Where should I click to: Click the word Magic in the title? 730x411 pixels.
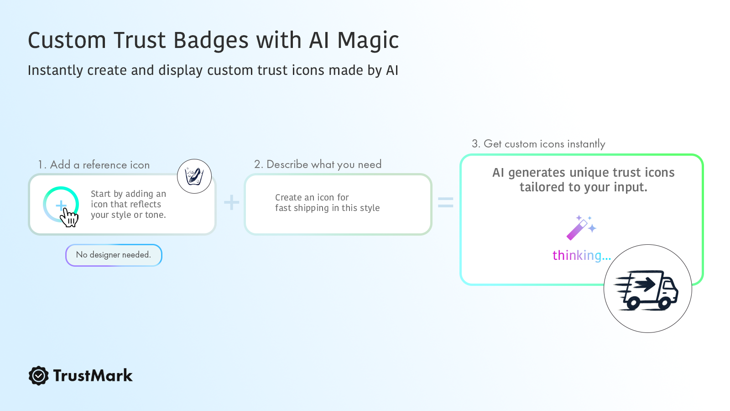click(368, 41)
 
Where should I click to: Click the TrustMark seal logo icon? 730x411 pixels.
click(38, 375)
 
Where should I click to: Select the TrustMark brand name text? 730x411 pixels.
click(93, 375)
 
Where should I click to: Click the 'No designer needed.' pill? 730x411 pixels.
click(114, 255)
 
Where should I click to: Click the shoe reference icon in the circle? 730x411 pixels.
click(194, 176)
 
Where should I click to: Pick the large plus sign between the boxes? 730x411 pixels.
click(232, 202)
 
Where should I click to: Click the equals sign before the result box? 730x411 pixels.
click(445, 202)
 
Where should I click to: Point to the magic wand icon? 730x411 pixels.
click(581, 228)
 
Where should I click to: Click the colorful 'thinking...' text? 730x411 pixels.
click(582, 255)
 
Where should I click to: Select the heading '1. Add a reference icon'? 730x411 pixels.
click(94, 165)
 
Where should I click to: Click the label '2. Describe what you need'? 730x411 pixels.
click(318, 164)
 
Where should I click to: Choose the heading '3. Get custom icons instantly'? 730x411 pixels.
click(538, 144)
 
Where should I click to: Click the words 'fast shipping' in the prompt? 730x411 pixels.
click(302, 208)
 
